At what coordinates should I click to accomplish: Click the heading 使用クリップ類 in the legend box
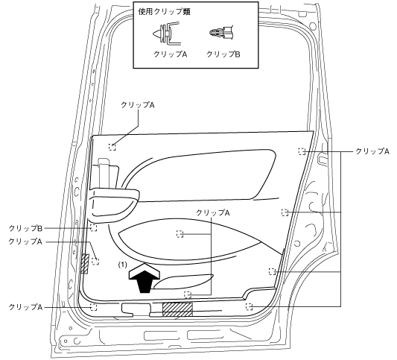tap(165, 12)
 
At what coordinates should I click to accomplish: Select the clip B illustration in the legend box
tap(221, 33)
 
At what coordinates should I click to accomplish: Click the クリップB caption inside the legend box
tap(223, 54)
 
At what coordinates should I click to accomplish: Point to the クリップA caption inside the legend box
tap(170, 54)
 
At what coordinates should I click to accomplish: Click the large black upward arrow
tap(144, 278)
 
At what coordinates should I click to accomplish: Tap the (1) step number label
tap(123, 265)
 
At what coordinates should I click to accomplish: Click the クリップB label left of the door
tap(25, 228)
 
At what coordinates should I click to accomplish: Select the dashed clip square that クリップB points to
tap(94, 228)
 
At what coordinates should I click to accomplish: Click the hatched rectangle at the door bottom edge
tap(177, 309)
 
